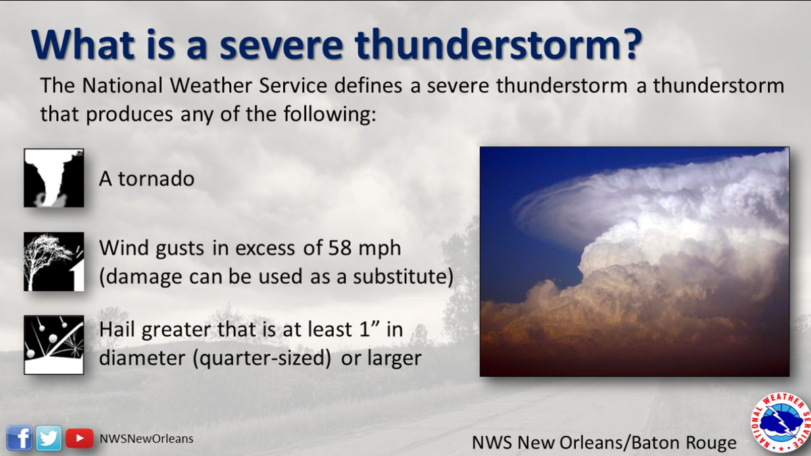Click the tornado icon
tap(54, 178)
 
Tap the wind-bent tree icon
tap(54, 261)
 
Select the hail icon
tap(54, 345)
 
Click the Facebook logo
tap(20, 438)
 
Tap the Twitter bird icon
tap(49, 438)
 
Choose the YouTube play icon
tap(79, 438)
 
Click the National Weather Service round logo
tap(781, 423)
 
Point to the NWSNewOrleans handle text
tap(146, 438)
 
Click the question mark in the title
tap(629, 44)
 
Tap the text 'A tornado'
tap(147, 178)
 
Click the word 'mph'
tap(380, 249)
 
